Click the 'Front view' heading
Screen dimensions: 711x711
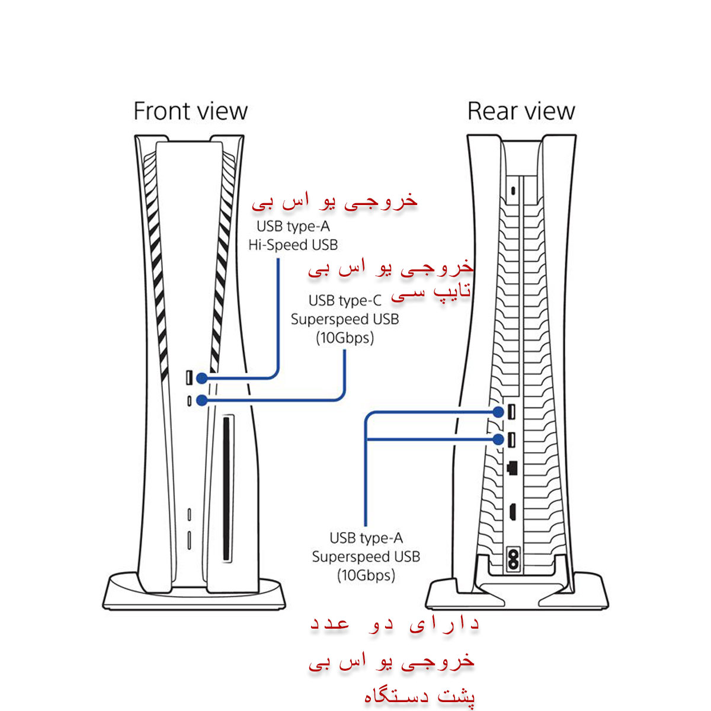pyautogui.click(x=190, y=111)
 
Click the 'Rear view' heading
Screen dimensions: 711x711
pyautogui.click(x=521, y=111)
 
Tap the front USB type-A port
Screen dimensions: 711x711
pyautogui.click(x=189, y=378)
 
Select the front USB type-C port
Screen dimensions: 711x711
pyautogui.click(x=189, y=401)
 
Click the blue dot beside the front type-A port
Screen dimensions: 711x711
pyautogui.click(x=202, y=378)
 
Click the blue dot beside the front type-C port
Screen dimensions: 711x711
pyautogui.click(x=202, y=401)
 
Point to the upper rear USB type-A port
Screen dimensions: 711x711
pyautogui.click(x=511, y=412)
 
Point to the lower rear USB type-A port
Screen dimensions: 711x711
pyautogui.click(x=511, y=440)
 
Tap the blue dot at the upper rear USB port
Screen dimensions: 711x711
pyautogui.click(x=498, y=412)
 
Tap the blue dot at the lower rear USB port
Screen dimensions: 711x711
pyautogui.click(x=498, y=439)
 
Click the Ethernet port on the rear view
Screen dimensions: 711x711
pyautogui.click(x=512, y=468)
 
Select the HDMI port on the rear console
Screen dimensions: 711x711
pyautogui.click(x=513, y=511)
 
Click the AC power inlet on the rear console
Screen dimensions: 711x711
pyautogui.click(x=513, y=559)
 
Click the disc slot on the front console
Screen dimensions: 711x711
pyautogui.click(x=226, y=489)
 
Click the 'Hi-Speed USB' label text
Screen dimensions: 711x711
pyautogui.click(x=293, y=245)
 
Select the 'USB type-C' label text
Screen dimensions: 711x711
pyautogui.click(x=345, y=301)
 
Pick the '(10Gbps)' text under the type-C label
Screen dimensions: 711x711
pyautogui.click(x=345, y=338)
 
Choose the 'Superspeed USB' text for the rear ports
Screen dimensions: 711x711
pyautogui.click(x=366, y=557)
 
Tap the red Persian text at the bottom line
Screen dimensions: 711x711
pyautogui.click(x=419, y=696)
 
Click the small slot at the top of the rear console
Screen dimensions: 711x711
pyautogui.click(x=513, y=191)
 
